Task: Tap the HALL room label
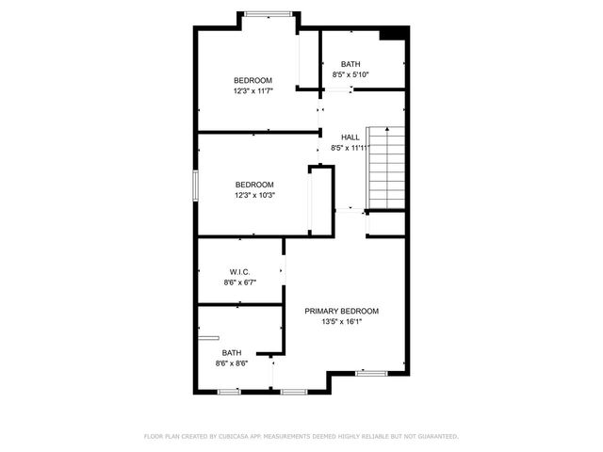coord(350,137)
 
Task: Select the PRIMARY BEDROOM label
coord(341,311)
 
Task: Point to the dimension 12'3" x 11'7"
coord(253,91)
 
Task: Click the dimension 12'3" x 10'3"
coord(253,195)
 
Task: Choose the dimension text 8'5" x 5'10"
coord(350,74)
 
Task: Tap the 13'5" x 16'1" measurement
coord(341,322)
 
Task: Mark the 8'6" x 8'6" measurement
coord(231,363)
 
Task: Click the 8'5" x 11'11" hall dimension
coord(350,148)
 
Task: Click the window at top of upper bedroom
coord(268,13)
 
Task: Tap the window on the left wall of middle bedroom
coord(196,185)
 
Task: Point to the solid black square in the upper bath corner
coord(394,34)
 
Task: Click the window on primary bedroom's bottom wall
coord(371,374)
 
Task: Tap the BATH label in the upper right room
coord(350,63)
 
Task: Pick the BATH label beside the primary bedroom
coord(231,353)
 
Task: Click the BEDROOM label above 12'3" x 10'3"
coord(253,185)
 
